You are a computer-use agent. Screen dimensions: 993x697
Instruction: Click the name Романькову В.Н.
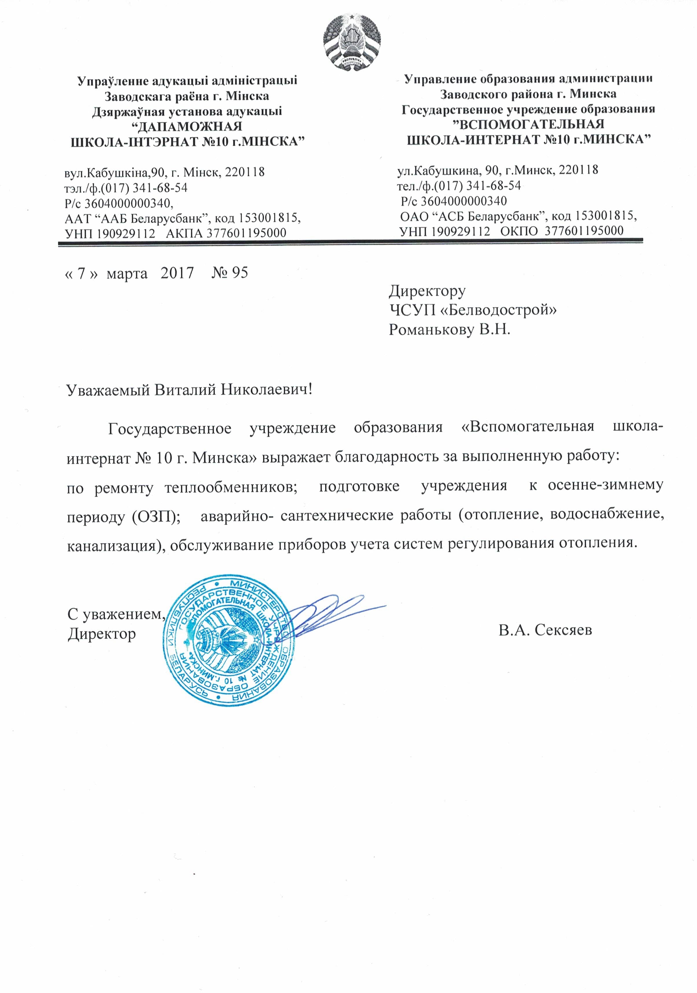(x=449, y=330)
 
